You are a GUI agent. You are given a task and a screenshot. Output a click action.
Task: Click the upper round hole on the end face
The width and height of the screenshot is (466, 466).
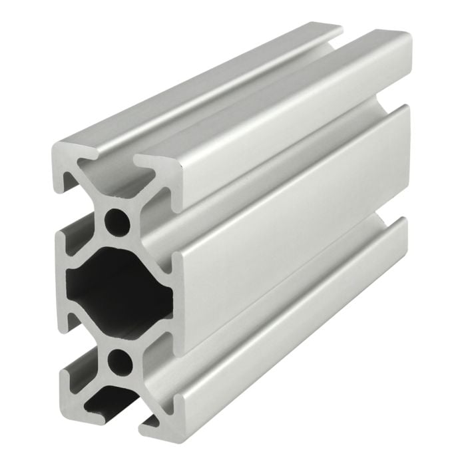(x=118, y=220)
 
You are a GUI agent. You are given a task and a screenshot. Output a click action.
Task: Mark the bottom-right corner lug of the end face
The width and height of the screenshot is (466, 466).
(x=163, y=416)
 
